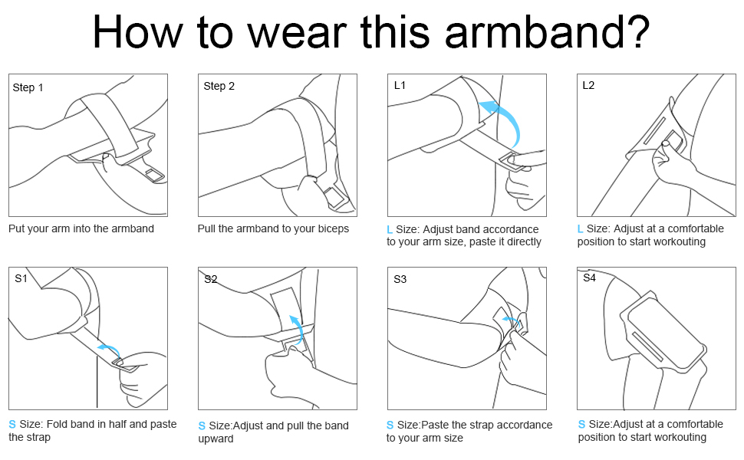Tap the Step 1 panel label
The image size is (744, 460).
[28, 87]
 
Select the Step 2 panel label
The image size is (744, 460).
[219, 87]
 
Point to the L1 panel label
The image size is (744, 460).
[400, 85]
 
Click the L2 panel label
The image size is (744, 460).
[588, 85]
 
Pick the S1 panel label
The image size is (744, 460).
[21, 278]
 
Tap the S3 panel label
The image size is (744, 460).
[400, 279]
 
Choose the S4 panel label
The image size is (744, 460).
[589, 278]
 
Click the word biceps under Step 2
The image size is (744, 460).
[333, 228]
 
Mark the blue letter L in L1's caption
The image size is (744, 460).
[390, 229]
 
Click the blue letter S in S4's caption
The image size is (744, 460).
[581, 424]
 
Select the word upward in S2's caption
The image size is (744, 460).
[216, 439]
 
